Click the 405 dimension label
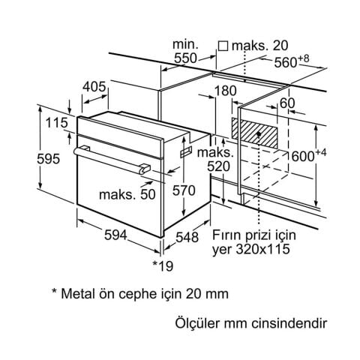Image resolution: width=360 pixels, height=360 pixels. tap(94, 87)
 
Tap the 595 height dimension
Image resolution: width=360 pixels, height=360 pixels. tap(49, 159)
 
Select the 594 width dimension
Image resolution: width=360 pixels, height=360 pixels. tap(115, 235)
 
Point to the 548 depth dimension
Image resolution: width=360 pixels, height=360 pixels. tap(187, 237)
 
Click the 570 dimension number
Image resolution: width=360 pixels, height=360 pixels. tap(184, 190)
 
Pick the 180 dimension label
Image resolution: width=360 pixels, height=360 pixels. tap(225, 91)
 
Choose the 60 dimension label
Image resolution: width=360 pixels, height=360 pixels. tap(287, 103)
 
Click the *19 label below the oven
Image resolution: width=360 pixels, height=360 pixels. tap(163, 266)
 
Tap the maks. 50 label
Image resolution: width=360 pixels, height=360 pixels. tap(127, 194)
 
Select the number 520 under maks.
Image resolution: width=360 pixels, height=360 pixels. tap(218, 166)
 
